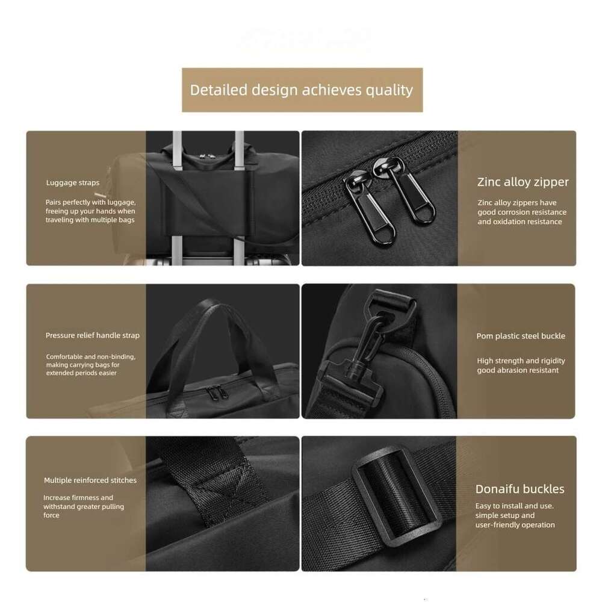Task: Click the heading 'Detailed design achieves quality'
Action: [302, 90]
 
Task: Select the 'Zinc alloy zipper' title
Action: [523, 182]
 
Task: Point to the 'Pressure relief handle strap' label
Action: [92, 335]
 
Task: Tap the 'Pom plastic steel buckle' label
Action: [521, 336]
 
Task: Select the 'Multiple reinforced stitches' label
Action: [90, 480]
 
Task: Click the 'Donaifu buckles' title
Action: [520, 489]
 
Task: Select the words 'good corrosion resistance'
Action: [522, 212]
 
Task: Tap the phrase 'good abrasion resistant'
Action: [518, 370]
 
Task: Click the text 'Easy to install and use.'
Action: [514, 506]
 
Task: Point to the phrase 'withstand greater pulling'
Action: [83, 507]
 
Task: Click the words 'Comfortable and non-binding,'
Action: [90, 356]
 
